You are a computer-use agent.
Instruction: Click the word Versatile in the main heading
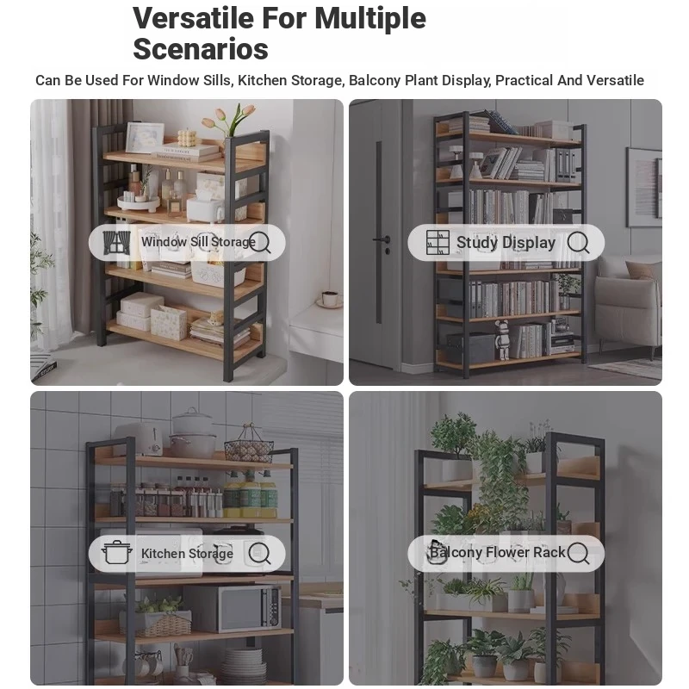pyautogui.click(x=193, y=18)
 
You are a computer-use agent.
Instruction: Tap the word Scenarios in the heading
pyautogui.click(x=201, y=49)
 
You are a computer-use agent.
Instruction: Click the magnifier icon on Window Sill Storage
pyautogui.click(x=261, y=243)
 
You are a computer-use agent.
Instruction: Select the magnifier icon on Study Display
pyautogui.click(x=578, y=243)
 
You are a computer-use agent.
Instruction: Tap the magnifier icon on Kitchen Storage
pyautogui.click(x=260, y=553)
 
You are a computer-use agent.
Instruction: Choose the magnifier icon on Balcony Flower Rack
pyautogui.click(x=578, y=553)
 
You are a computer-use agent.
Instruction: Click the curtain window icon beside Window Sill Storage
pyautogui.click(x=116, y=243)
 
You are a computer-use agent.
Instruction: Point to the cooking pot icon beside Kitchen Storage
pyautogui.click(x=117, y=553)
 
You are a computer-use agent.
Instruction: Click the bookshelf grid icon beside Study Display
pyautogui.click(x=438, y=243)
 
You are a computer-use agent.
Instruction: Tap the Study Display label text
pyautogui.click(x=506, y=243)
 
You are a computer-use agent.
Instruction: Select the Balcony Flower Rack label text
pyautogui.click(x=498, y=552)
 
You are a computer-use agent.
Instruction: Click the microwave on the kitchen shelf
pyautogui.click(x=232, y=608)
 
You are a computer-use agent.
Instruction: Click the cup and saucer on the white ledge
pyautogui.click(x=330, y=299)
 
